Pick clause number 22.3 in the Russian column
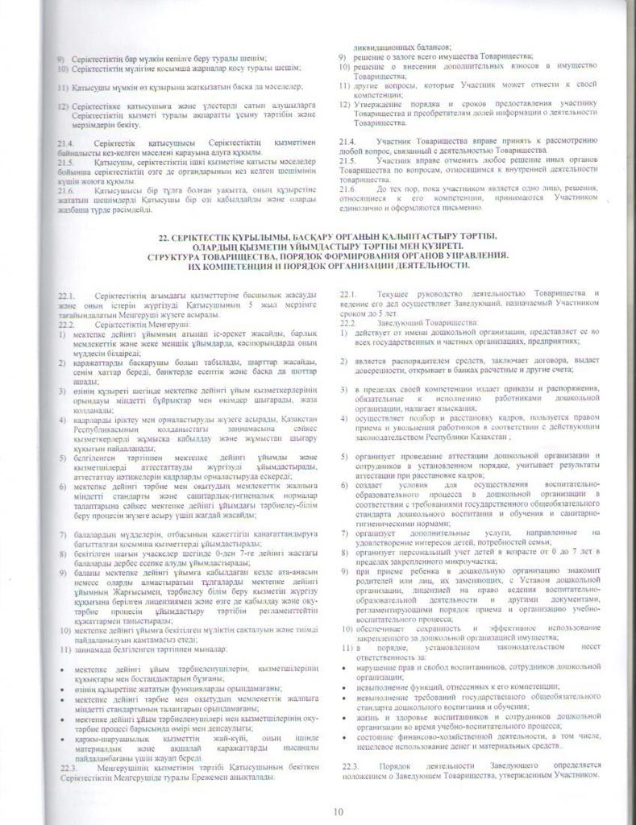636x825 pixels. [x=350, y=763]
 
